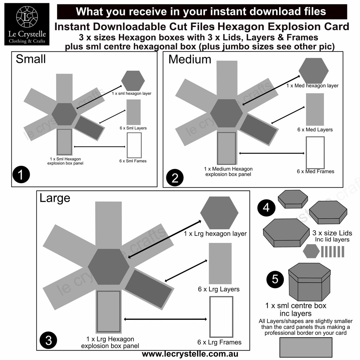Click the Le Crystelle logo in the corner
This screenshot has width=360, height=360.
click(x=27, y=24)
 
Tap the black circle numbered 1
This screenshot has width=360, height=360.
click(x=21, y=174)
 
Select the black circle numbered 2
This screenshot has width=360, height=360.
click(x=175, y=178)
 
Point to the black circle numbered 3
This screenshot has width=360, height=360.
click(x=48, y=340)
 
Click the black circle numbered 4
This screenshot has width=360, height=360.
click(x=266, y=207)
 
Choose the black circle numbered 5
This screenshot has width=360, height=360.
click(x=275, y=279)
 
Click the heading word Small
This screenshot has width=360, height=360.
click(x=31, y=59)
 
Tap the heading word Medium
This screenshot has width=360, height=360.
click(x=189, y=59)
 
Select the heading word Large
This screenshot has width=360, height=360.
click(x=55, y=198)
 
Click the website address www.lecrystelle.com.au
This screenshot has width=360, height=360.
click(x=190, y=354)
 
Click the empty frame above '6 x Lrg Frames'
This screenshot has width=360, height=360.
click(x=221, y=317)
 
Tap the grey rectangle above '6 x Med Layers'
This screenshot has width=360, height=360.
click(x=315, y=109)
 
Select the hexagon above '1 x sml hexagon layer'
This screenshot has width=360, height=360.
click(x=133, y=81)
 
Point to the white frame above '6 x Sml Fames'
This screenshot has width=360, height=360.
click(x=134, y=145)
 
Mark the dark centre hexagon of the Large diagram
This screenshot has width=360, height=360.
click(x=109, y=267)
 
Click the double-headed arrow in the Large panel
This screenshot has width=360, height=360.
click(x=166, y=319)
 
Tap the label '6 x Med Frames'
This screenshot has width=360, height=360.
click(x=315, y=171)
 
